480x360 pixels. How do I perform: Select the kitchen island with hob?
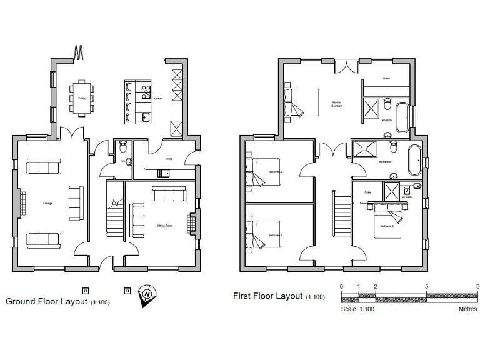click(138, 100)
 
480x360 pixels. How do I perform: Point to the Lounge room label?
click(47, 203)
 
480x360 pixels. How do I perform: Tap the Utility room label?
click(169, 159)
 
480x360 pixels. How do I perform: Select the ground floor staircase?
click(114, 216)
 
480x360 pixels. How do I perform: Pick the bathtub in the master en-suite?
click(401, 117)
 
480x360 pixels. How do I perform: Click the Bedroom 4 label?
click(275, 171)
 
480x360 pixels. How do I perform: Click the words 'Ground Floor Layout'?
click(47, 301)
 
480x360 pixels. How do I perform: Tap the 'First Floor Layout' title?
click(268, 296)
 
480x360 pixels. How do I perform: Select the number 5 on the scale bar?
click(427, 286)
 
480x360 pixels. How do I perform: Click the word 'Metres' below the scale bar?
click(467, 308)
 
